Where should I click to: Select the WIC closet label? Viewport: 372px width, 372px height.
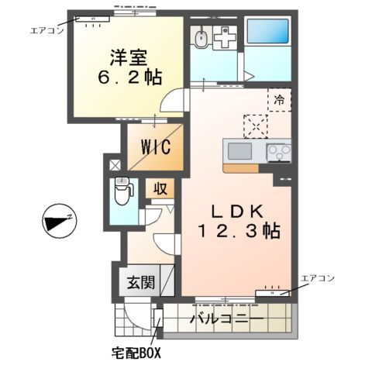[x=155, y=146]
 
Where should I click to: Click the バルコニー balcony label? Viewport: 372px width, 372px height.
[x=226, y=319]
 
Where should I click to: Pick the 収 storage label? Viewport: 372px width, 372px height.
[x=160, y=188]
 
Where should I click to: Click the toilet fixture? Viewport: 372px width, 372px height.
[x=122, y=191]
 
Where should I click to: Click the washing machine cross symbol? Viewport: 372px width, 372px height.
[x=226, y=38]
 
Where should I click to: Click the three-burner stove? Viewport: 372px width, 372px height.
[x=279, y=151]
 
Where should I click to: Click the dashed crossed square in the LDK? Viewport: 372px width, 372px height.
[x=255, y=125]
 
